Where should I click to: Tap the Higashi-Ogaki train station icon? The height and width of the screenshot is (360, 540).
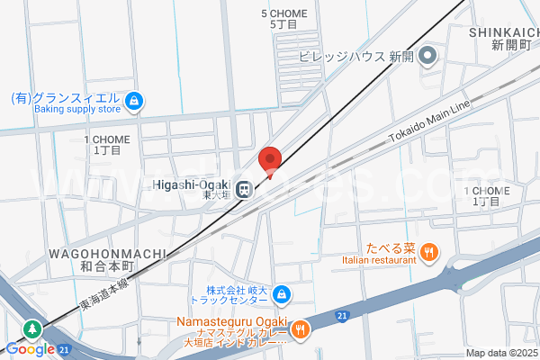pyautogui.click(x=244, y=190)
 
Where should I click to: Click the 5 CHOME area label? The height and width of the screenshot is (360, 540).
pyautogui.click(x=283, y=13)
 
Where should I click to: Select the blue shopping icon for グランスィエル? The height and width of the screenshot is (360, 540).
pyautogui.click(x=134, y=99)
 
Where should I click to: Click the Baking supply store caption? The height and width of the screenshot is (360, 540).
pyautogui.click(x=77, y=110)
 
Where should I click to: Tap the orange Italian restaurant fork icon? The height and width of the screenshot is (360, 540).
pyautogui.click(x=429, y=253)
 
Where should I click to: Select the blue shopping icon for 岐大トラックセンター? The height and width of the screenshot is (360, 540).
pyautogui.click(x=282, y=293)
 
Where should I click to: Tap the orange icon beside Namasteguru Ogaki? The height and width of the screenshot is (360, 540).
pyautogui.click(x=301, y=328)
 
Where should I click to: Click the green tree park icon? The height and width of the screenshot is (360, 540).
pyautogui.click(x=32, y=329)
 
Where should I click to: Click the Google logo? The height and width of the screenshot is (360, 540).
pyautogui.click(x=29, y=349)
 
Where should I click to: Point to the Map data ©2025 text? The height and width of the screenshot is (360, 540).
pyautogui.click(x=500, y=353)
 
